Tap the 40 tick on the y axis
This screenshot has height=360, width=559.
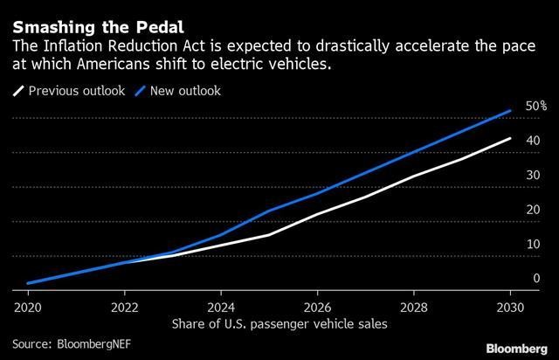tap(533, 141)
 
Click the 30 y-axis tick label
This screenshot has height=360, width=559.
tap(533, 175)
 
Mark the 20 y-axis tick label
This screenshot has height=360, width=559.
tap(533, 210)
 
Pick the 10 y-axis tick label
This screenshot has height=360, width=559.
tap(533, 244)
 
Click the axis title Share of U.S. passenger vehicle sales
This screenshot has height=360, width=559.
tap(269, 323)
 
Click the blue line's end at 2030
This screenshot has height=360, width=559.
tap(510, 111)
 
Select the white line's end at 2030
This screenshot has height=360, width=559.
tap(510, 138)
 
